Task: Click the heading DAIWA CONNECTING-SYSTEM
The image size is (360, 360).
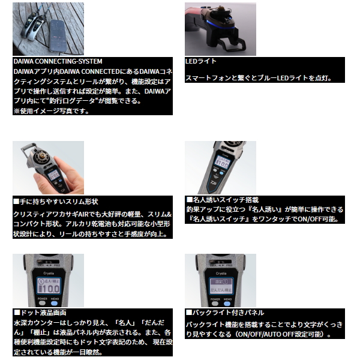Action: [x=58, y=61]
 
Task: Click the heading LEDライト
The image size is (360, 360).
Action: [x=202, y=61]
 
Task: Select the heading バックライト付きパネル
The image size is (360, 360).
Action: [x=224, y=313]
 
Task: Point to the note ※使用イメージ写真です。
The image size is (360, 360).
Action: [x=50, y=111]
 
